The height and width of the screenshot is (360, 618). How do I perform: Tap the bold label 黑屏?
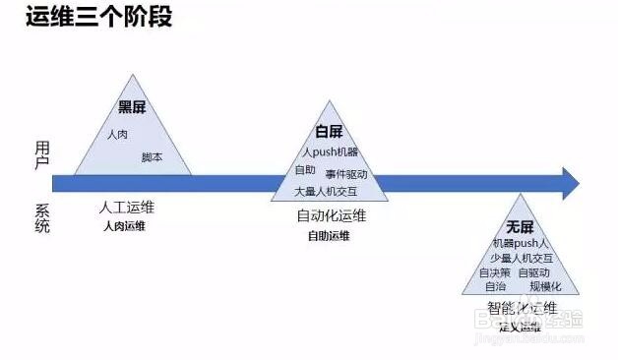point(132,107)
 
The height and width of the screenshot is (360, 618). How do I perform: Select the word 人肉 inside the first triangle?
point(117,134)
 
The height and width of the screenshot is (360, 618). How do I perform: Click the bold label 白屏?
point(329,132)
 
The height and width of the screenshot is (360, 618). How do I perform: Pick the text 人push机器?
point(331,152)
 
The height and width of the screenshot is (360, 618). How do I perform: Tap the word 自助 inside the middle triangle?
point(305,170)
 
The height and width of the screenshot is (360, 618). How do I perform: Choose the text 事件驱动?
point(346,173)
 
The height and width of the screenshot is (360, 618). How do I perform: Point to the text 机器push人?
point(522,242)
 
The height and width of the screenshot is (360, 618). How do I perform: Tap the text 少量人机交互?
point(522,257)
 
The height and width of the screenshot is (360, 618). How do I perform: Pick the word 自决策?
point(495,271)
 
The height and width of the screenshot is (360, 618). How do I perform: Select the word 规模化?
point(545,286)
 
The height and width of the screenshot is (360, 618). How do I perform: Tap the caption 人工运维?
point(127,208)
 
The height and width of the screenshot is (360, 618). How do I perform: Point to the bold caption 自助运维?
point(328,236)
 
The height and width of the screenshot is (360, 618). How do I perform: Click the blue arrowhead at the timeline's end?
point(569,182)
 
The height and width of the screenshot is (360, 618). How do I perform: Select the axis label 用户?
point(41,154)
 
